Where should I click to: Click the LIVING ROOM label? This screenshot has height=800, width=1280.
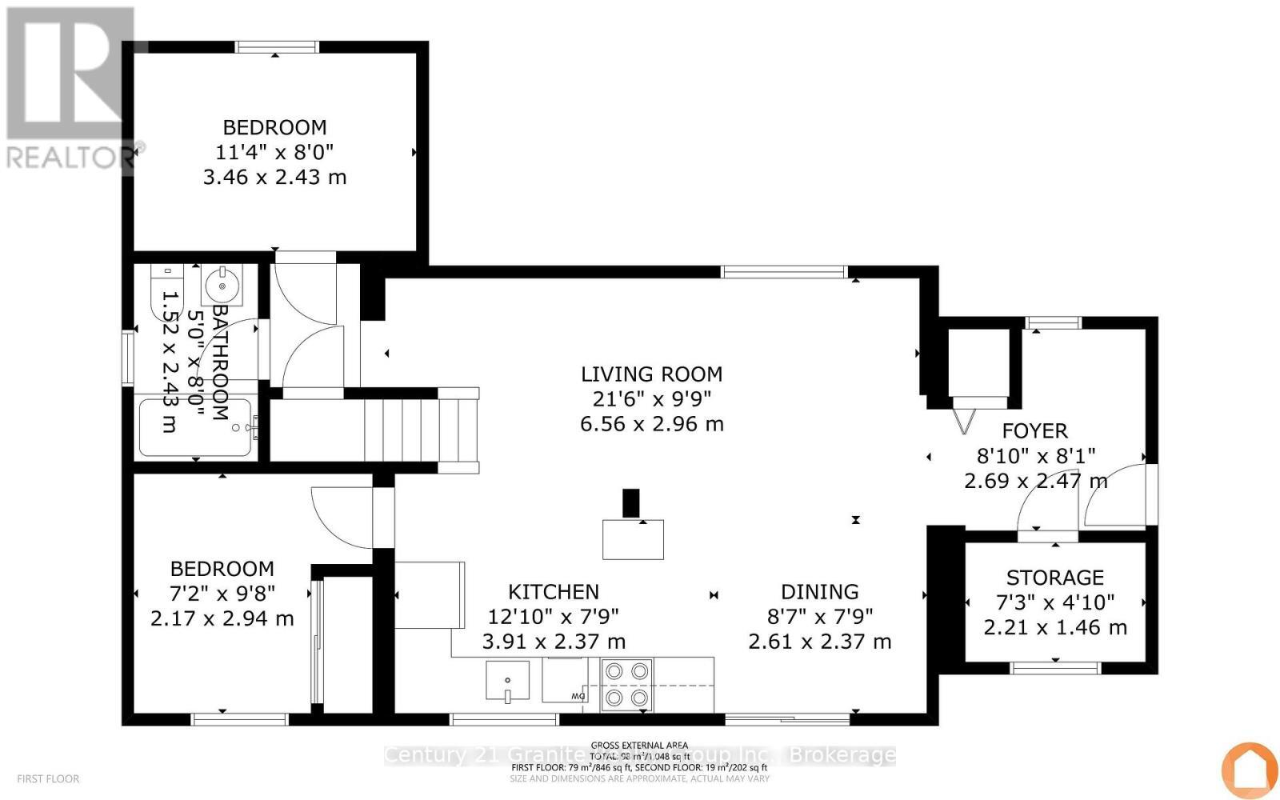[651, 374]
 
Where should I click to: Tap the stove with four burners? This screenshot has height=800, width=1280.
[626, 685]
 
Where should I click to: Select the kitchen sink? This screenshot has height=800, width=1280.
[507, 681]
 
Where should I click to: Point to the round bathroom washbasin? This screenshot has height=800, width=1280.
[222, 284]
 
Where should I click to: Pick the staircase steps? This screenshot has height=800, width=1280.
[420, 426]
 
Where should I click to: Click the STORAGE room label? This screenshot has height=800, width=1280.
[1054, 578]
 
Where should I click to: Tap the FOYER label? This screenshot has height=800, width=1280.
[1034, 431]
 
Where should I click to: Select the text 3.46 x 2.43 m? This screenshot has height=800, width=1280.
[274, 178]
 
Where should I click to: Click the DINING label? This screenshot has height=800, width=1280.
[819, 592]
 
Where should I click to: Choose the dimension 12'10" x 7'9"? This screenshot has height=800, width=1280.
[554, 617]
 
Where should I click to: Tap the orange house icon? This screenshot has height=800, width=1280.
[1250, 770]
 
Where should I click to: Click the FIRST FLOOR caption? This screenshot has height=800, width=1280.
[48, 778]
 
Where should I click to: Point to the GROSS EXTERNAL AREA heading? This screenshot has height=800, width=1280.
[639, 746]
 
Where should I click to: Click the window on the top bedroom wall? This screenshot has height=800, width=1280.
[277, 47]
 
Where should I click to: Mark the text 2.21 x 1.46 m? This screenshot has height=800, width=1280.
[1054, 628]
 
